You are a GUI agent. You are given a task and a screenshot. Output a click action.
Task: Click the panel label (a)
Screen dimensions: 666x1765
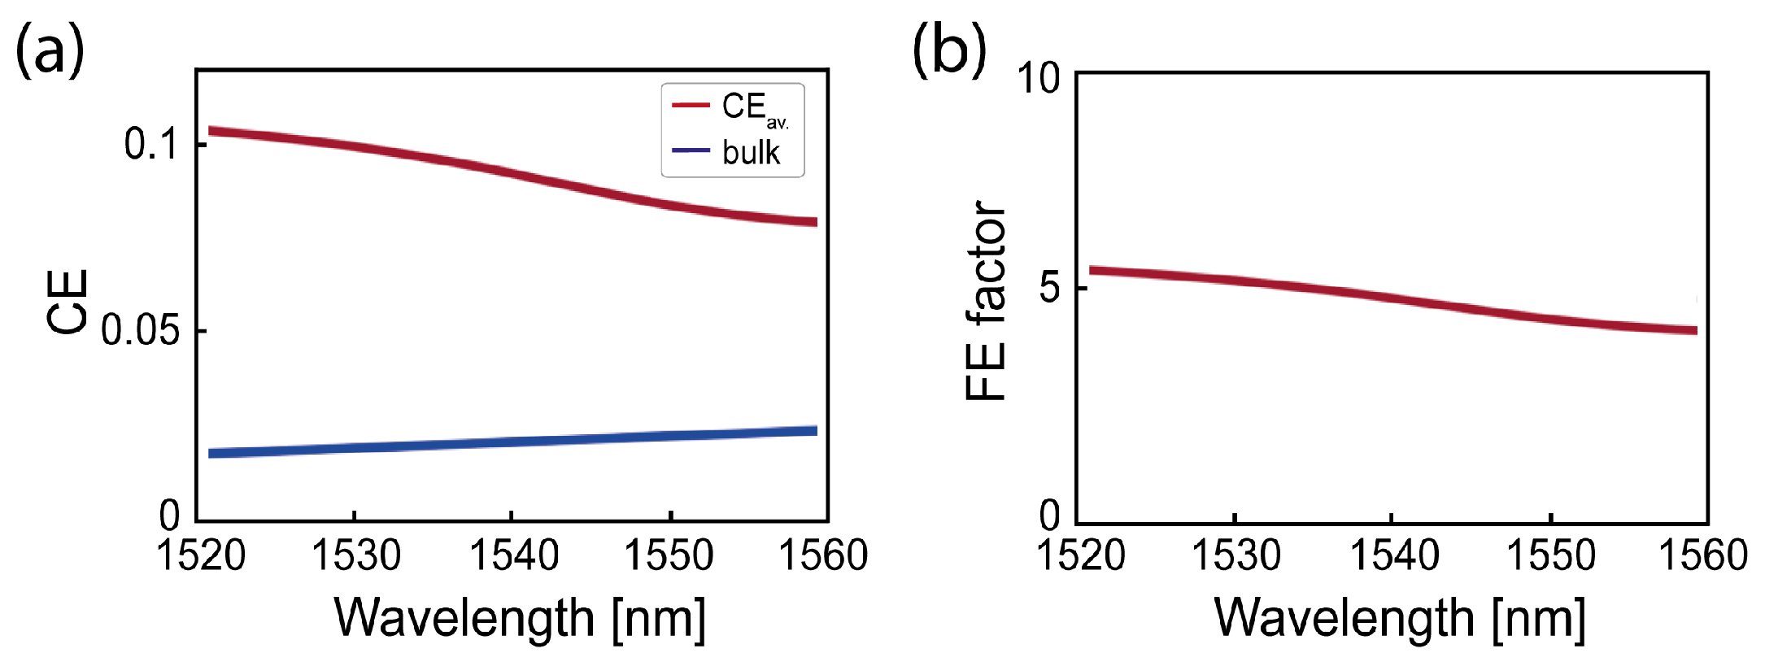[50, 51]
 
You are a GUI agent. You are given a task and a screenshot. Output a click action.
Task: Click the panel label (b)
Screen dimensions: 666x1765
[948, 51]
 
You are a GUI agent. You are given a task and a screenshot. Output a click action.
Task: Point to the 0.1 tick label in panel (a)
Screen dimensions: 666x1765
[151, 144]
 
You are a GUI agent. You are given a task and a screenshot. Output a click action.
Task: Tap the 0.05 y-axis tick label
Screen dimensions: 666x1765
[141, 331]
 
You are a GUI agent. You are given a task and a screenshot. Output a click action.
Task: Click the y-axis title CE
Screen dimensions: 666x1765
[68, 302]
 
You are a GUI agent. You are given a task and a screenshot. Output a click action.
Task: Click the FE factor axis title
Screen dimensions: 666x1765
[987, 302]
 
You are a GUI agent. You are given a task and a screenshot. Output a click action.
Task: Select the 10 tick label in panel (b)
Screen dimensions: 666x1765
[1039, 79]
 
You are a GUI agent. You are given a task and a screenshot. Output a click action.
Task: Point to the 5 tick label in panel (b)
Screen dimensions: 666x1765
[1050, 288]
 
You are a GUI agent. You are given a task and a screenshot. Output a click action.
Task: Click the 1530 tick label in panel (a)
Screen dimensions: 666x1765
[356, 556]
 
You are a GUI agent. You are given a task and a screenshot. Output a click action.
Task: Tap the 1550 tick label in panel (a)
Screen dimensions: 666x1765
[669, 556]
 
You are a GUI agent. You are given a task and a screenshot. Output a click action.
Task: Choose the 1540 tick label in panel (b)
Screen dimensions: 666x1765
[1394, 556]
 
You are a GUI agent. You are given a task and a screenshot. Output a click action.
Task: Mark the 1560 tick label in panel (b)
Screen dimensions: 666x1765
[1702, 556]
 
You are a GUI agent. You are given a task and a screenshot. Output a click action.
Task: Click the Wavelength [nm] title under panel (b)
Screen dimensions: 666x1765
[1400, 618]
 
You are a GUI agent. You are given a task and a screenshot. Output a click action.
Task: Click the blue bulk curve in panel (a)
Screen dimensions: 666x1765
[512, 442]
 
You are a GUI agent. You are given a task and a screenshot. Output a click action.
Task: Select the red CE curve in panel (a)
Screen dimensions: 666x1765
[512, 172]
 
